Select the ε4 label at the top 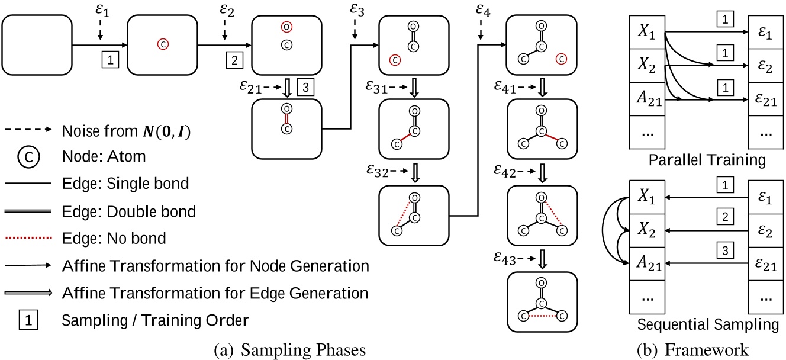click(482, 10)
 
